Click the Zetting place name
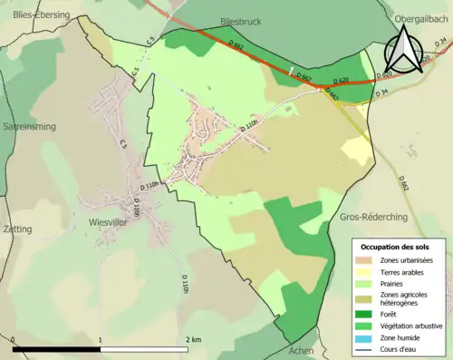18,229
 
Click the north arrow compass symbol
404,51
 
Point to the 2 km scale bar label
193,339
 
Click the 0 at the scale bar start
14,339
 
